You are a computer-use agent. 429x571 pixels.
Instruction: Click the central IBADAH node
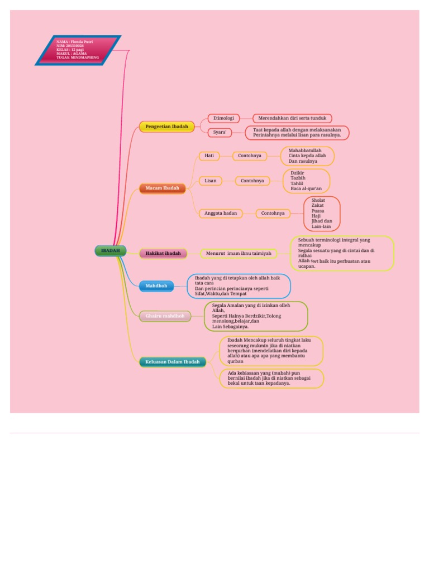[111, 251]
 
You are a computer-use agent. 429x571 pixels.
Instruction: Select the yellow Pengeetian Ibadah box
[167, 127]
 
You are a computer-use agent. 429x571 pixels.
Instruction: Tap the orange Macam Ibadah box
[163, 188]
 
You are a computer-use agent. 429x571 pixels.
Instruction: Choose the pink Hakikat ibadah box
[163, 253]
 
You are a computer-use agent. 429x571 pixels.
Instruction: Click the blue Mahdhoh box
[156, 286]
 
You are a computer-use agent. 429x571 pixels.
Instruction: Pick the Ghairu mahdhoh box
[165, 316]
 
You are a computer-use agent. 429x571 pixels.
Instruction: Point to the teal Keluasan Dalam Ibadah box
[173, 362]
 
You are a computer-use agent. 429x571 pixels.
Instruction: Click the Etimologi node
[223, 118]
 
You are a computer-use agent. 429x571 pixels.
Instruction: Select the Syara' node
[220, 132]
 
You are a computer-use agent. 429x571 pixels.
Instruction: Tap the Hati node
[209, 156]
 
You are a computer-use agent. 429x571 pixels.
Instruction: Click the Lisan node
[211, 181]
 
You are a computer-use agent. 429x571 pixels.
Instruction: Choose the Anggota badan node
[221, 213]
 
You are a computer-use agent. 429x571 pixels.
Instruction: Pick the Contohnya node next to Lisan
[252, 181]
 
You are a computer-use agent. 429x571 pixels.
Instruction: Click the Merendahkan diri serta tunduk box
[292, 118]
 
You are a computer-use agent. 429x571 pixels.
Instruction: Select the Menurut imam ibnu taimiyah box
[239, 253]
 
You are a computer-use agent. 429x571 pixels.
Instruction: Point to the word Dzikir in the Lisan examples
[298, 172]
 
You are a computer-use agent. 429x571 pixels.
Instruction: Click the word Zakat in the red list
[317, 205]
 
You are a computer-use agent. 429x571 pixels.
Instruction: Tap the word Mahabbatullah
[305, 150]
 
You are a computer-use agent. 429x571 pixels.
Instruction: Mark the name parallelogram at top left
[78, 50]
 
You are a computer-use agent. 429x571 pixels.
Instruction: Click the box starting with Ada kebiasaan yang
[271, 378]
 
